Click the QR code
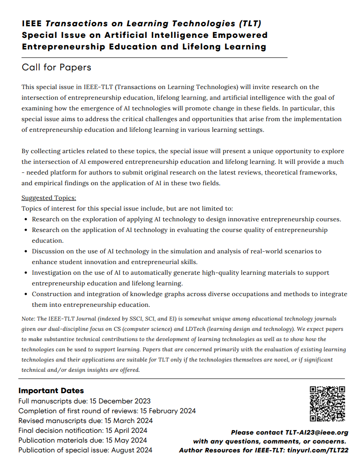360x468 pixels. coord(327,403)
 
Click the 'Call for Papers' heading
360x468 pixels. coord(56,67)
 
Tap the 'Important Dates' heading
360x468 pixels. coord(51,391)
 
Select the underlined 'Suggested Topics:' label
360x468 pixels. coord(49,198)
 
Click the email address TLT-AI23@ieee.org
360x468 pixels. coord(316,432)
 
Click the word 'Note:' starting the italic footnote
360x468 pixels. coord(29,319)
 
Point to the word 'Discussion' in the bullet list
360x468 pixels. coord(49,251)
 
